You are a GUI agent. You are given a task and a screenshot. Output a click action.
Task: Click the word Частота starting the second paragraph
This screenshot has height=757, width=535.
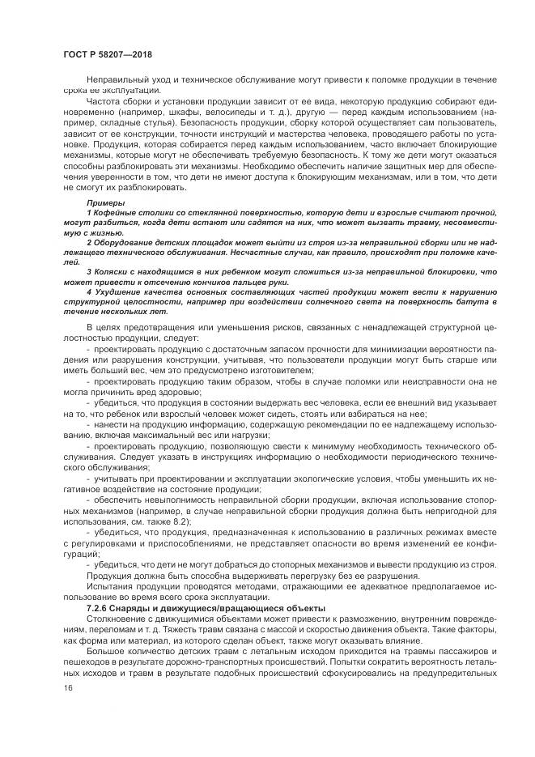pyautogui.click(x=105, y=101)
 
